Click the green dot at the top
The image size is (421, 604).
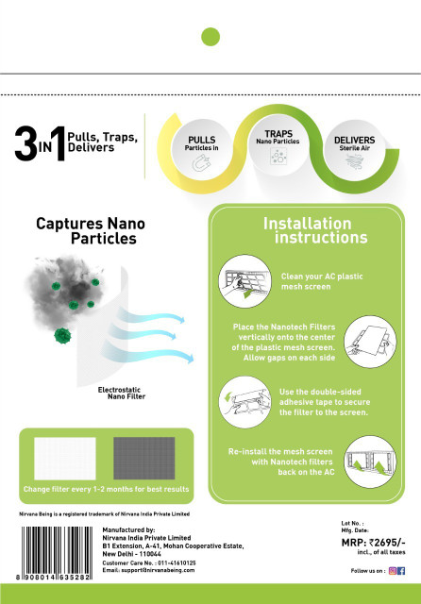click(x=210, y=37)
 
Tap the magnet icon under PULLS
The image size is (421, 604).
click(x=201, y=162)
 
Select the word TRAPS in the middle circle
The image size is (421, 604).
click(x=278, y=134)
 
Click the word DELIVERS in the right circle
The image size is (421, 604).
click(x=354, y=140)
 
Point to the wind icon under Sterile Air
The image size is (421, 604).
click(x=355, y=161)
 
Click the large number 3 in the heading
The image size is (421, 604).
click(x=25, y=143)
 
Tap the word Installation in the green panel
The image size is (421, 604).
click(x=308, y=224)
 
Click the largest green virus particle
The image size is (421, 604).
click(x=62, y=336)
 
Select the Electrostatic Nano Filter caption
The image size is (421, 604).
click(x=122, y=393)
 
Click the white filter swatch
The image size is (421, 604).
click(x=65, y=459)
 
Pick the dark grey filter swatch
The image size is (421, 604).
click(x=144, y=459)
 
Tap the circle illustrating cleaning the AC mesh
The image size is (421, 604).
click(x=245, y=281)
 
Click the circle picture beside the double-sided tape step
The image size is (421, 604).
click(x=245, y=402)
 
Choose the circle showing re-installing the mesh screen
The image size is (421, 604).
click(x=370, y=461)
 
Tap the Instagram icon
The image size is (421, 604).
click(x=393, y=571)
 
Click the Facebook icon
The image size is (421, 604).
click(x=401, y=571)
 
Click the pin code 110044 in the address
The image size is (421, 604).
click(x=150, y=554)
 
